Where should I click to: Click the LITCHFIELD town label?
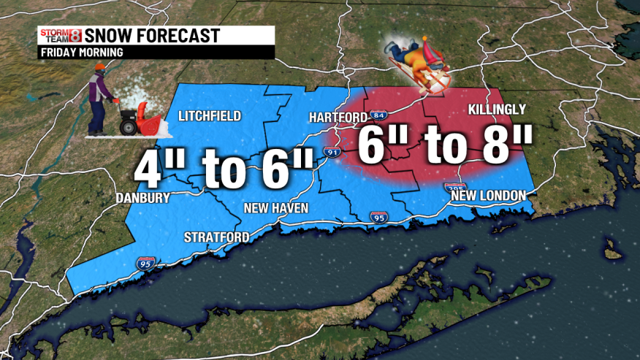[210, 116]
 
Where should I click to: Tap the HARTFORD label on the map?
[338, 117]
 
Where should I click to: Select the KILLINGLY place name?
[496, 110]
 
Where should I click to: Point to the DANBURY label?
[142, 198]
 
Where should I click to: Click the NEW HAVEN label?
[275, 209]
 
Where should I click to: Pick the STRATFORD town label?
[217, 237]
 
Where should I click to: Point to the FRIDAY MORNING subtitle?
[81, 53]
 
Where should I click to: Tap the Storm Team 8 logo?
[60, 35]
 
